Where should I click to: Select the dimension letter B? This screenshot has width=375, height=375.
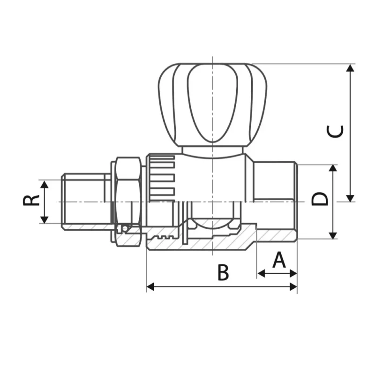(223, 272)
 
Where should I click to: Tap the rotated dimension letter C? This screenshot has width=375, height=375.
(335, 132)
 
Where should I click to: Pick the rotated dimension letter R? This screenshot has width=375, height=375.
(31, 201)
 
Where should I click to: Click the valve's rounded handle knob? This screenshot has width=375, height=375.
(212, 103)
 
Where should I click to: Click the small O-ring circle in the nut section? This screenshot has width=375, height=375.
(124, 228)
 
